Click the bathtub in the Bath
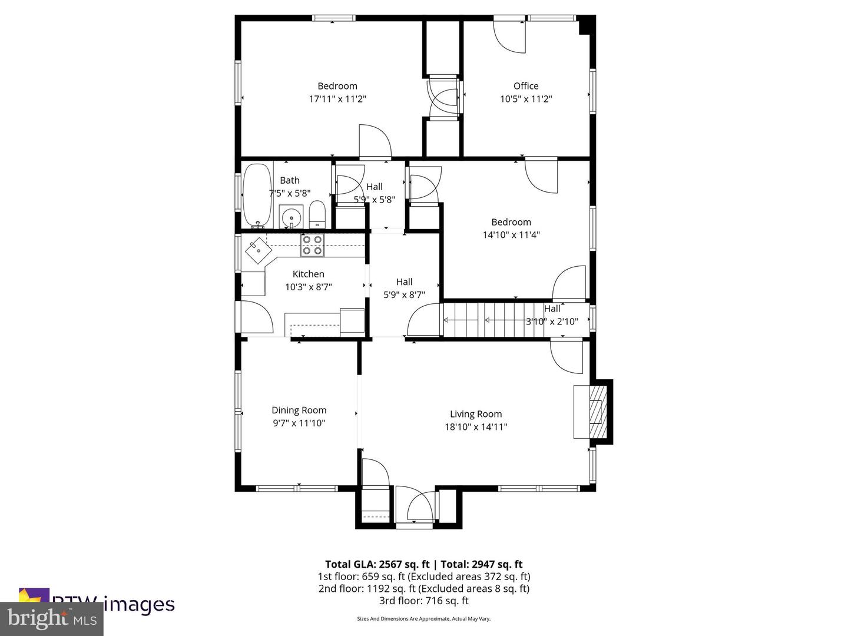[x=257, y=196]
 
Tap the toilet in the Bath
[x=317, y=214]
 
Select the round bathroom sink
[x=291, y=216]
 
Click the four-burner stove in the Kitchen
[x=312, y=245]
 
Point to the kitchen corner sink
[x=258, y=251]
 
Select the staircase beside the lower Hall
[x=495, y=320]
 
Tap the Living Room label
[x=476, y=414]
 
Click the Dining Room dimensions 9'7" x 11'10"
[x=299, y=423]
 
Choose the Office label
[x=526, y=86]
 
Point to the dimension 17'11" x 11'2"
[x=337, y=99]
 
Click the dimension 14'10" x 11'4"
[x=511, y=235]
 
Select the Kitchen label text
[x=308, y=274]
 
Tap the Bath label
[x=289, y=180]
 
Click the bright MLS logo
[x=52, y=619]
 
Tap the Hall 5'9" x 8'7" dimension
[x=404, y=295]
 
